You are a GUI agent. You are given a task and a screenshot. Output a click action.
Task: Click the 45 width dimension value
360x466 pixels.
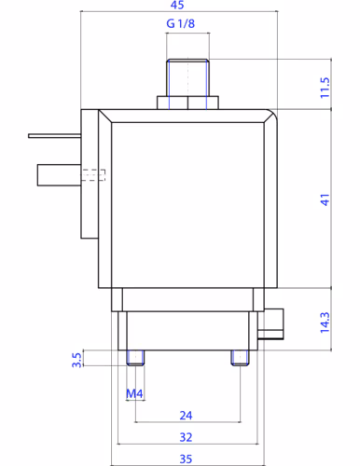[177, 5]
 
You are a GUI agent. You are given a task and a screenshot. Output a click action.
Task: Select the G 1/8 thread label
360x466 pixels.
[181, 23]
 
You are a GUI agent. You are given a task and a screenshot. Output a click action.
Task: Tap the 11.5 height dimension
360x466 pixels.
[325, 88]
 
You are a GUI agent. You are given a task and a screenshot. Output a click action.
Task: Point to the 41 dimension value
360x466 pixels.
[325, 199]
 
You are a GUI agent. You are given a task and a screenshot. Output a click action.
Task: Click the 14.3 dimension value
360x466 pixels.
[325, 322]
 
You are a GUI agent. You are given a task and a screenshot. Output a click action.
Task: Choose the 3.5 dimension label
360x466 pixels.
[76, 359]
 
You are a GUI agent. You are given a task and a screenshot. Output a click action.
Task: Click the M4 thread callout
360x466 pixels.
[134, 393]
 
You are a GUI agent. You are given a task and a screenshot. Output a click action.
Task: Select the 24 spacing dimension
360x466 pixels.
[186, 416]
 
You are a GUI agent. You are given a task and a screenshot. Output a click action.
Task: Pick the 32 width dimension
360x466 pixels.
[186, 437]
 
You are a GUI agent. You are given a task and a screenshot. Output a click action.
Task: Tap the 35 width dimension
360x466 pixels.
[186, 459]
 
